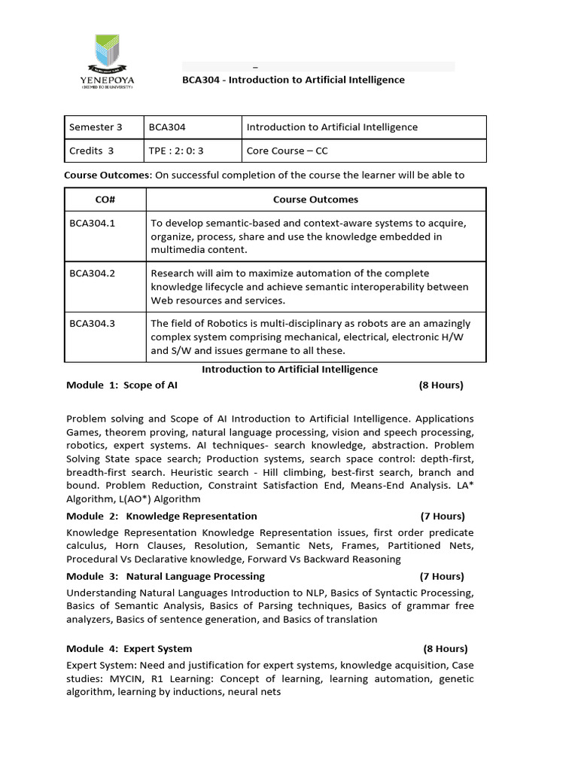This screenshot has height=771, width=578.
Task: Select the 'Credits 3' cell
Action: tap(91, 151)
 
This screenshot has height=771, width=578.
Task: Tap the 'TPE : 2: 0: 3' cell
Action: tap(176, 151)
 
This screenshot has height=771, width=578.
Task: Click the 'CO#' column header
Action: tap(105, 200)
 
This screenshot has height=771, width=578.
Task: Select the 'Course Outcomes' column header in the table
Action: tap(315, 200)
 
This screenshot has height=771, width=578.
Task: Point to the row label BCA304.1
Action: tap(92, 223)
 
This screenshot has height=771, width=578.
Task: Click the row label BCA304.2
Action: tap(92, 273)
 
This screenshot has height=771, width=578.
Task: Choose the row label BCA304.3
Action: tap(92, 324)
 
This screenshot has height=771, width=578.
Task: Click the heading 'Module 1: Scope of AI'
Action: tap(122, 385)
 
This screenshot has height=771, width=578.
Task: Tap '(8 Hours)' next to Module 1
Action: tap(441, 385)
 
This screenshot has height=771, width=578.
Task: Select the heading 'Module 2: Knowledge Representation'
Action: tap(162, 517)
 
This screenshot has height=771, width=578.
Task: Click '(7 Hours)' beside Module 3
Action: tap(443, 577)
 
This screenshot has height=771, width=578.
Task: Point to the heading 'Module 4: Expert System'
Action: tap(129, 648)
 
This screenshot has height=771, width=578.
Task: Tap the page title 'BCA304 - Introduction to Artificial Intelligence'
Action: tap(294, 80)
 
